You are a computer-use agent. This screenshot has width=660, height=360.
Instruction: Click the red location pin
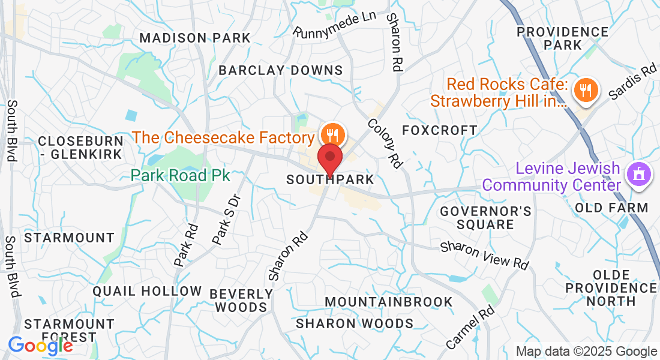coord(329,158)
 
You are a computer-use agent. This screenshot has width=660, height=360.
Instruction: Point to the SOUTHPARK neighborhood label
coord(330,179)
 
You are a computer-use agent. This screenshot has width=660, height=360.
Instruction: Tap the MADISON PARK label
coord(195,38)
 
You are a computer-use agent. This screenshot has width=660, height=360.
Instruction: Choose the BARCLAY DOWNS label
coord(281,70)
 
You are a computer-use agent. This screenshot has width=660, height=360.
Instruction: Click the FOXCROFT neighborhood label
coord(440,130)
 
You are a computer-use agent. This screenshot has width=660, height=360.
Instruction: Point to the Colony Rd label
coord(385,143)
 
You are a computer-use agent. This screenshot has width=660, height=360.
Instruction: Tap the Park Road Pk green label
coord(181,175)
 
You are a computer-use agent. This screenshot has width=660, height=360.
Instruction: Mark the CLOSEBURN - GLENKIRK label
coord(80,148)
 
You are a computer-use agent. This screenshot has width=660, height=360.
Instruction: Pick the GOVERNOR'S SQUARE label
coord(485,218)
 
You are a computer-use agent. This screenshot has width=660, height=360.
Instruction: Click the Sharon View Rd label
coord(485,256)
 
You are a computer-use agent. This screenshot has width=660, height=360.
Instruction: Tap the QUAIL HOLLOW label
coord(147,292)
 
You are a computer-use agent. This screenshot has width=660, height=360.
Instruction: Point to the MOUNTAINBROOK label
coord(389,301)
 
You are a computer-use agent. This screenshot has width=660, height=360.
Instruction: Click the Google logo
coord(40,345)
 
